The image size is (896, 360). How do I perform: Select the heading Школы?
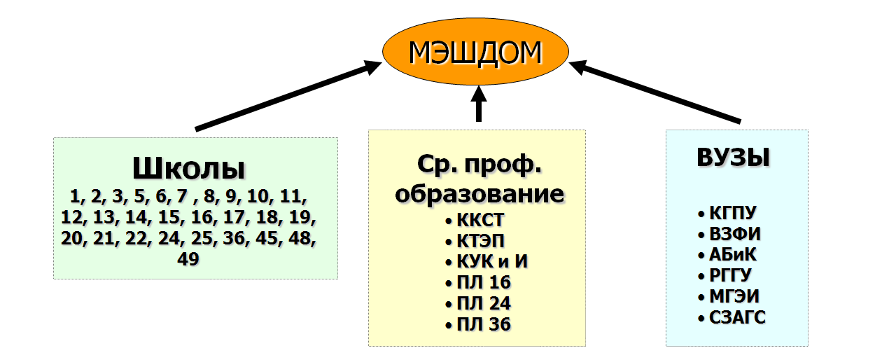[x=188, y=169]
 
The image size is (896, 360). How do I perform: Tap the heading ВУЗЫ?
[x=733, y=157]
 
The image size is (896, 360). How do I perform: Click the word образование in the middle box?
[x=479, y=193]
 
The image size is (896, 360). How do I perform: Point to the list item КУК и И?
[x=491, y=262]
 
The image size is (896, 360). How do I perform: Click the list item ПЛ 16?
[x=483, y=282]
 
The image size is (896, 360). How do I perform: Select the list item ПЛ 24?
[x=483, y=303]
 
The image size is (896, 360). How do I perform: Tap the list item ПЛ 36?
[x=483, y=324]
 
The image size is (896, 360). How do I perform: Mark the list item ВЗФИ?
[x=734, y=234]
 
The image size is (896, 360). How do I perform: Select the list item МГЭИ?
[x=734, y=296]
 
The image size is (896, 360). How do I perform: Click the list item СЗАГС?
[x=737, y=318]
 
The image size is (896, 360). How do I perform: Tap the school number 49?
[x=188, y=259]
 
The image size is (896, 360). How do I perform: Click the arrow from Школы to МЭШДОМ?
[x=287, y=97]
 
